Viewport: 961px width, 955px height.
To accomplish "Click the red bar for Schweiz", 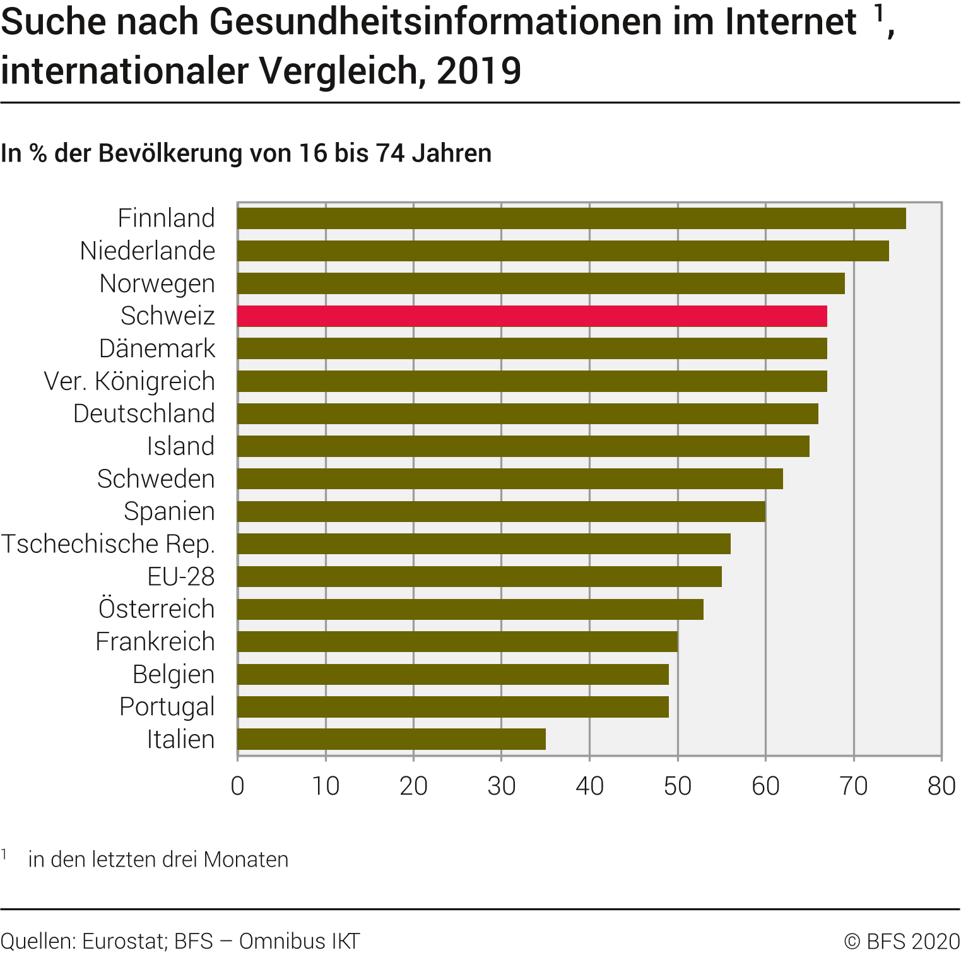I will click(x=532, y=316).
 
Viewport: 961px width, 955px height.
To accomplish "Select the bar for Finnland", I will click(x=571, y=218).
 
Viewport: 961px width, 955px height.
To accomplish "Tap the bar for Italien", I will click(x=391, y=739).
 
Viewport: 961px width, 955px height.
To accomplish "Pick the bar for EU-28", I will click(x=480, y=576).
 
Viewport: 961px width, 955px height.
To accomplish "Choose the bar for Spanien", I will click(x=502, y=511).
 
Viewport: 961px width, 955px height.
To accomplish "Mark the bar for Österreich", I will click(x=470, y=609).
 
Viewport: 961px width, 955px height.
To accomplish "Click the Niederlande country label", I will click(x=148, y=251).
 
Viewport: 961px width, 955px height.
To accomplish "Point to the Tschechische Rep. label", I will click(x=108, y=544).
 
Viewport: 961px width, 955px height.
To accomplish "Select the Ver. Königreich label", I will click(x=129, y=381).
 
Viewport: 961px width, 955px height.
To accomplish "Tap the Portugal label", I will click(x=167, y=707).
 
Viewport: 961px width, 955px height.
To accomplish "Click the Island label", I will click(x=180, y=446).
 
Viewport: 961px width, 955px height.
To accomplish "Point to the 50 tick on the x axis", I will click(x=678, y=786).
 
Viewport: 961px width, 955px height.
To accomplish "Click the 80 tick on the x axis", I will click(x=941, y=786).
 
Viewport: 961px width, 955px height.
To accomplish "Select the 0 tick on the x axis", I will click(x=237, y=786).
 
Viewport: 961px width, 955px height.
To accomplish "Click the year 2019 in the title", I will click(x=479, y=71).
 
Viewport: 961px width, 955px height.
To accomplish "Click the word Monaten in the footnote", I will click(x=246, y=860).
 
